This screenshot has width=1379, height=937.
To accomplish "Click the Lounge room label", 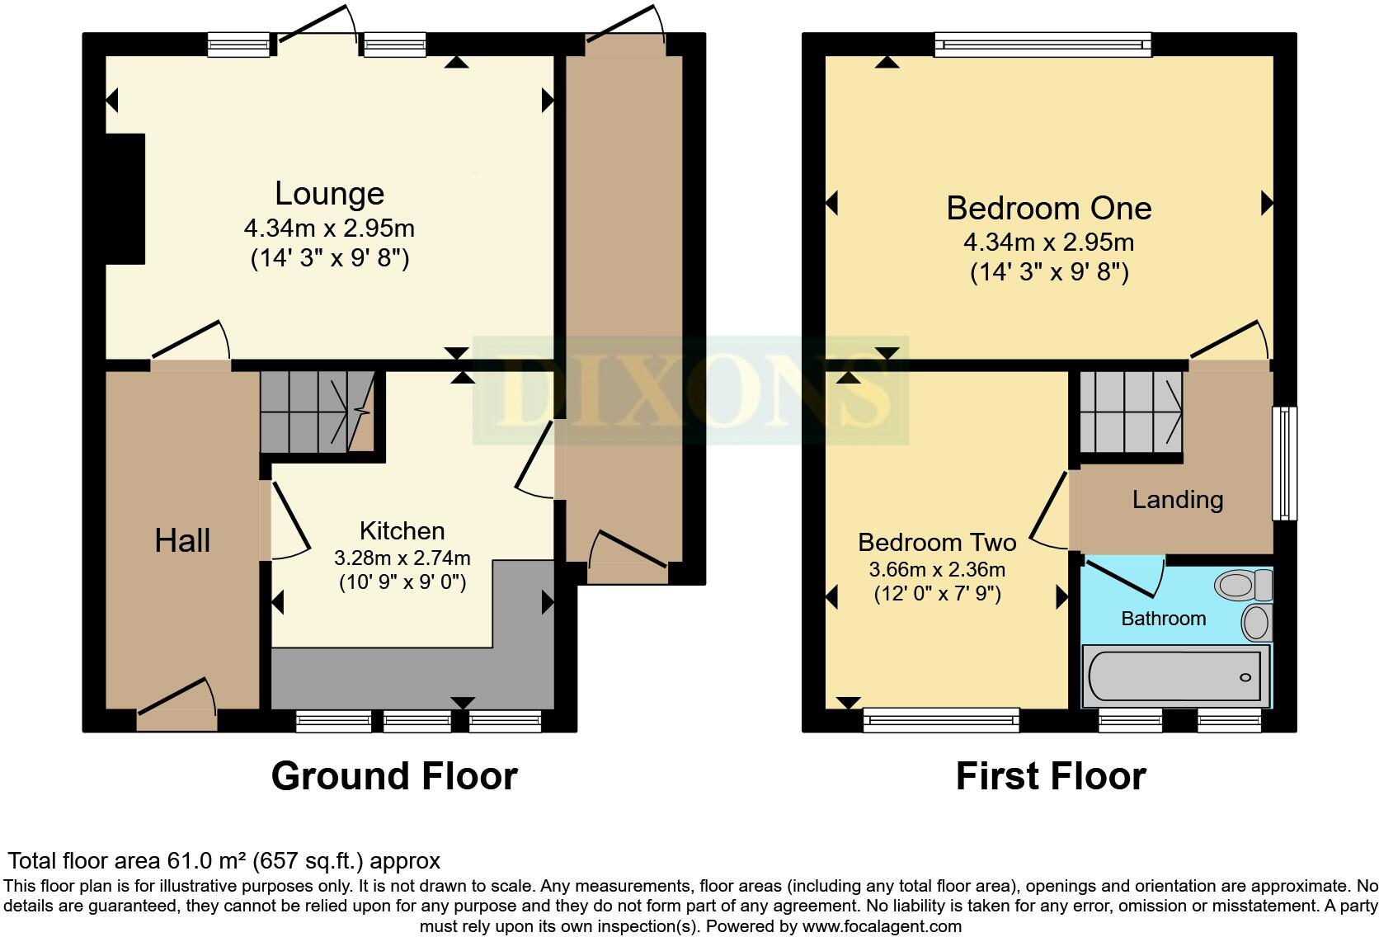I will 329,194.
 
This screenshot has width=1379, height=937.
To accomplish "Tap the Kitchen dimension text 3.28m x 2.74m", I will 402,558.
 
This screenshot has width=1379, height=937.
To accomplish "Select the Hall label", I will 182,541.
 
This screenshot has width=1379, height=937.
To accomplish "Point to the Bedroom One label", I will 1048,208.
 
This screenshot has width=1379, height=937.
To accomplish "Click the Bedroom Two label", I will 937,542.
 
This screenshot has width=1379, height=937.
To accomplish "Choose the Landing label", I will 1177,499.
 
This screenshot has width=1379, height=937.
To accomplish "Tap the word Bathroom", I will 1163,619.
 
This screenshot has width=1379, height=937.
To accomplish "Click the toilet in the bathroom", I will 1244,586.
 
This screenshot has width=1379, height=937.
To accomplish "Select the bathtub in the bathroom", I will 1174,677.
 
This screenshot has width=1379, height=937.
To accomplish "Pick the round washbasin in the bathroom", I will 1255,622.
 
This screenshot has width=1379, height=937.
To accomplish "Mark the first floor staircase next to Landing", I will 1130,411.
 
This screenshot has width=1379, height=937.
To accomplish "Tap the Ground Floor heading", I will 394,776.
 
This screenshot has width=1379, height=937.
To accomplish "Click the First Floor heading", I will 1050,776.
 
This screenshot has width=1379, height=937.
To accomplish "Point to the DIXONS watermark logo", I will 690,391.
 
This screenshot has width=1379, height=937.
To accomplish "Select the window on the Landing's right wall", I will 1284,463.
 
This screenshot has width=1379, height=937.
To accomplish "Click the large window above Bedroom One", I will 1042,45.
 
